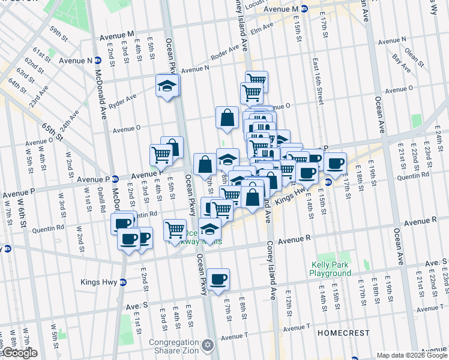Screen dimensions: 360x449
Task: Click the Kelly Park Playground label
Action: point(330,269)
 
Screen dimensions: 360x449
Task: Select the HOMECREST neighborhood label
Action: point(339,332)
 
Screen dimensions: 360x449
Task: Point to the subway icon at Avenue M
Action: point(304,9)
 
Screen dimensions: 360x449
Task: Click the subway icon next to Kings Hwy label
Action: point(123,282)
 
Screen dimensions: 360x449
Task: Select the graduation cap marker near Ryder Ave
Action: point(167,85)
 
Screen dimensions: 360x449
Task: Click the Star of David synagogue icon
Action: point(208,346)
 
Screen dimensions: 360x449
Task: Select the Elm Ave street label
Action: point(262,28)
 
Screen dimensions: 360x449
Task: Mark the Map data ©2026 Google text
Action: point(411,355)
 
